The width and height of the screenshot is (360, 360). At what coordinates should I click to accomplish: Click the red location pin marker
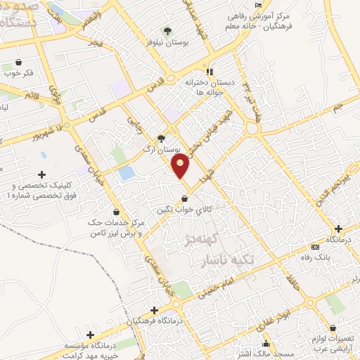tap(181, 166)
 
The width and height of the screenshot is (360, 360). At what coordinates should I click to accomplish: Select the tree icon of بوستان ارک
tap(161, 139)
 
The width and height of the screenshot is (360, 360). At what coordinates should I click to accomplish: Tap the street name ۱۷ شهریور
tap(58, 131)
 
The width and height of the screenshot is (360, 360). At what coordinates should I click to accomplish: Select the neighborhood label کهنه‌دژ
tap(204, 240)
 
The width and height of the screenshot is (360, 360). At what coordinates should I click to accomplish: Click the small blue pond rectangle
tap(127, 172)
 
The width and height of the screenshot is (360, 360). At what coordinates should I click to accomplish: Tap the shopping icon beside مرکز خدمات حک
tap(116, 212)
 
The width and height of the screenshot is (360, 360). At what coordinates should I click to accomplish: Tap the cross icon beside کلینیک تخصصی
tap(41, 174)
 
